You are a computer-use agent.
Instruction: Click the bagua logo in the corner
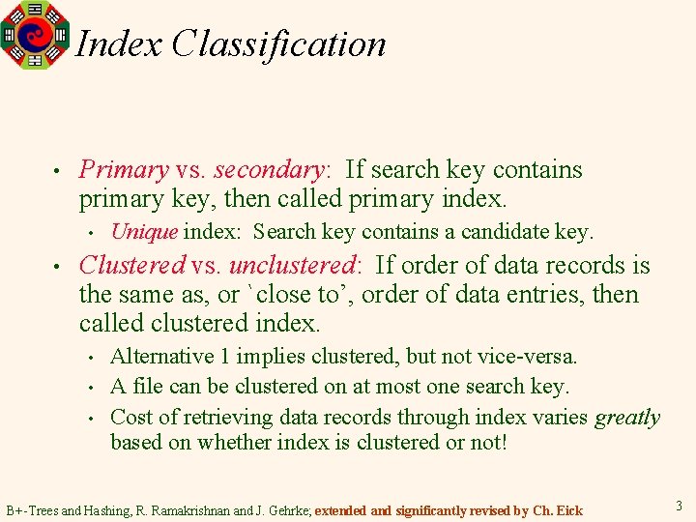36,35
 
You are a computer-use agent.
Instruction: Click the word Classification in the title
278,43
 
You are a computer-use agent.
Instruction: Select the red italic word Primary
124,170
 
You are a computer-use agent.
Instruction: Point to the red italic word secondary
268,170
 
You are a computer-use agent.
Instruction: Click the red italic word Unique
144,232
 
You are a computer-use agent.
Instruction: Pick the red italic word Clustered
131,265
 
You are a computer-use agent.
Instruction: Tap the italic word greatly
627,418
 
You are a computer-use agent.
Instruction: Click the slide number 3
680,506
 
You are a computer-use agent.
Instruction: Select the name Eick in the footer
569,509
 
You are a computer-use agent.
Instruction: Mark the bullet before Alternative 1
91,358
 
